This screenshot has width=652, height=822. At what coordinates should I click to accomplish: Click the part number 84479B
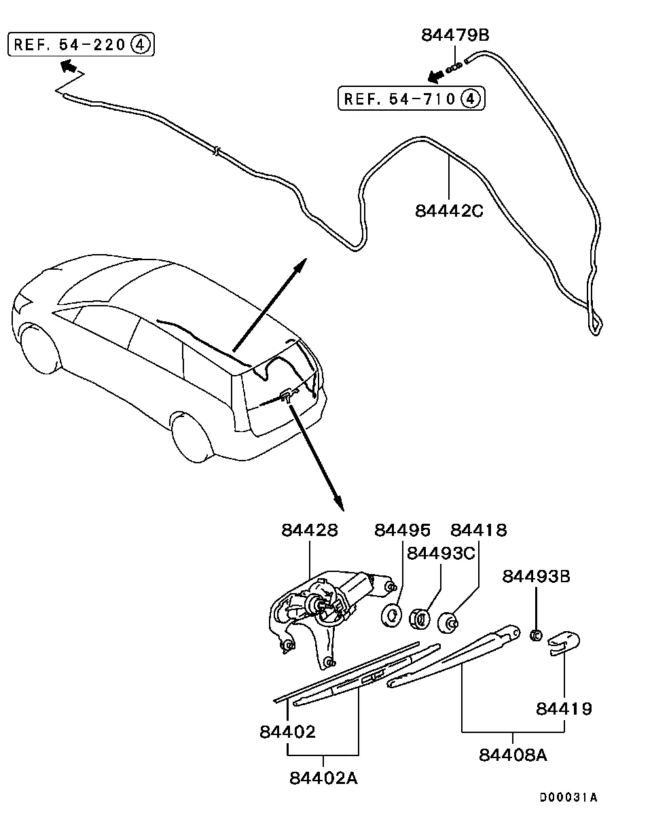click(x=454, y=35)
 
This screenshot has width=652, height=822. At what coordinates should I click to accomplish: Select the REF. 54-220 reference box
click(x=81, y=45)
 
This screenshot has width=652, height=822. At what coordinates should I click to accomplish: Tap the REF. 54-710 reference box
click(x=412, y=99)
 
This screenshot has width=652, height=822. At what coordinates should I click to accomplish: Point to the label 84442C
click(x=449, y=211)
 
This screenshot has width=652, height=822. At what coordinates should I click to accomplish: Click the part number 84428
click(x=310, y=530)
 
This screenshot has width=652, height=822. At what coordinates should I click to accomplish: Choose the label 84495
click(x=402, y=530)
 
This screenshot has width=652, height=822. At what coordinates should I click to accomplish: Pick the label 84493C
click(x=441, y=553)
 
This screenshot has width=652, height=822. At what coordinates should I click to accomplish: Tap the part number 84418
click(x=479, y=530)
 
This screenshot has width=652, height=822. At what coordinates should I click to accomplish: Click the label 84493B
click(x=536, y=577)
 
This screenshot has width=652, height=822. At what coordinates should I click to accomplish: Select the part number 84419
click(x=564, y=709)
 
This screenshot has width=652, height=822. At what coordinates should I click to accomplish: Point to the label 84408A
click(x=513, y=755)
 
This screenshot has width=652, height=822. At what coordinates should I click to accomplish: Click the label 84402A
click(x=323, y=778)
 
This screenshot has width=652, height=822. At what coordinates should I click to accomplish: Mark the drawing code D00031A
click(x=568, y=798)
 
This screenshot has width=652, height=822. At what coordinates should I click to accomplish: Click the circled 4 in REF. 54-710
click(x=471, y=99)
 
